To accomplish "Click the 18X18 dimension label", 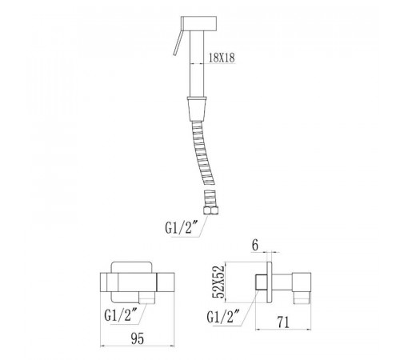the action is click(222, 58).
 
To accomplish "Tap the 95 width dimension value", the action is click(138, 338).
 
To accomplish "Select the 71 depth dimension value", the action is click(283, 322).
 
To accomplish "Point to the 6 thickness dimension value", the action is click(255, 246).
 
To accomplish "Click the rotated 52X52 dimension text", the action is click(218, 282).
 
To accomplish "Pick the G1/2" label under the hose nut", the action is click(178, 228).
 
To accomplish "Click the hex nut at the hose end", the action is click(210, 210).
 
